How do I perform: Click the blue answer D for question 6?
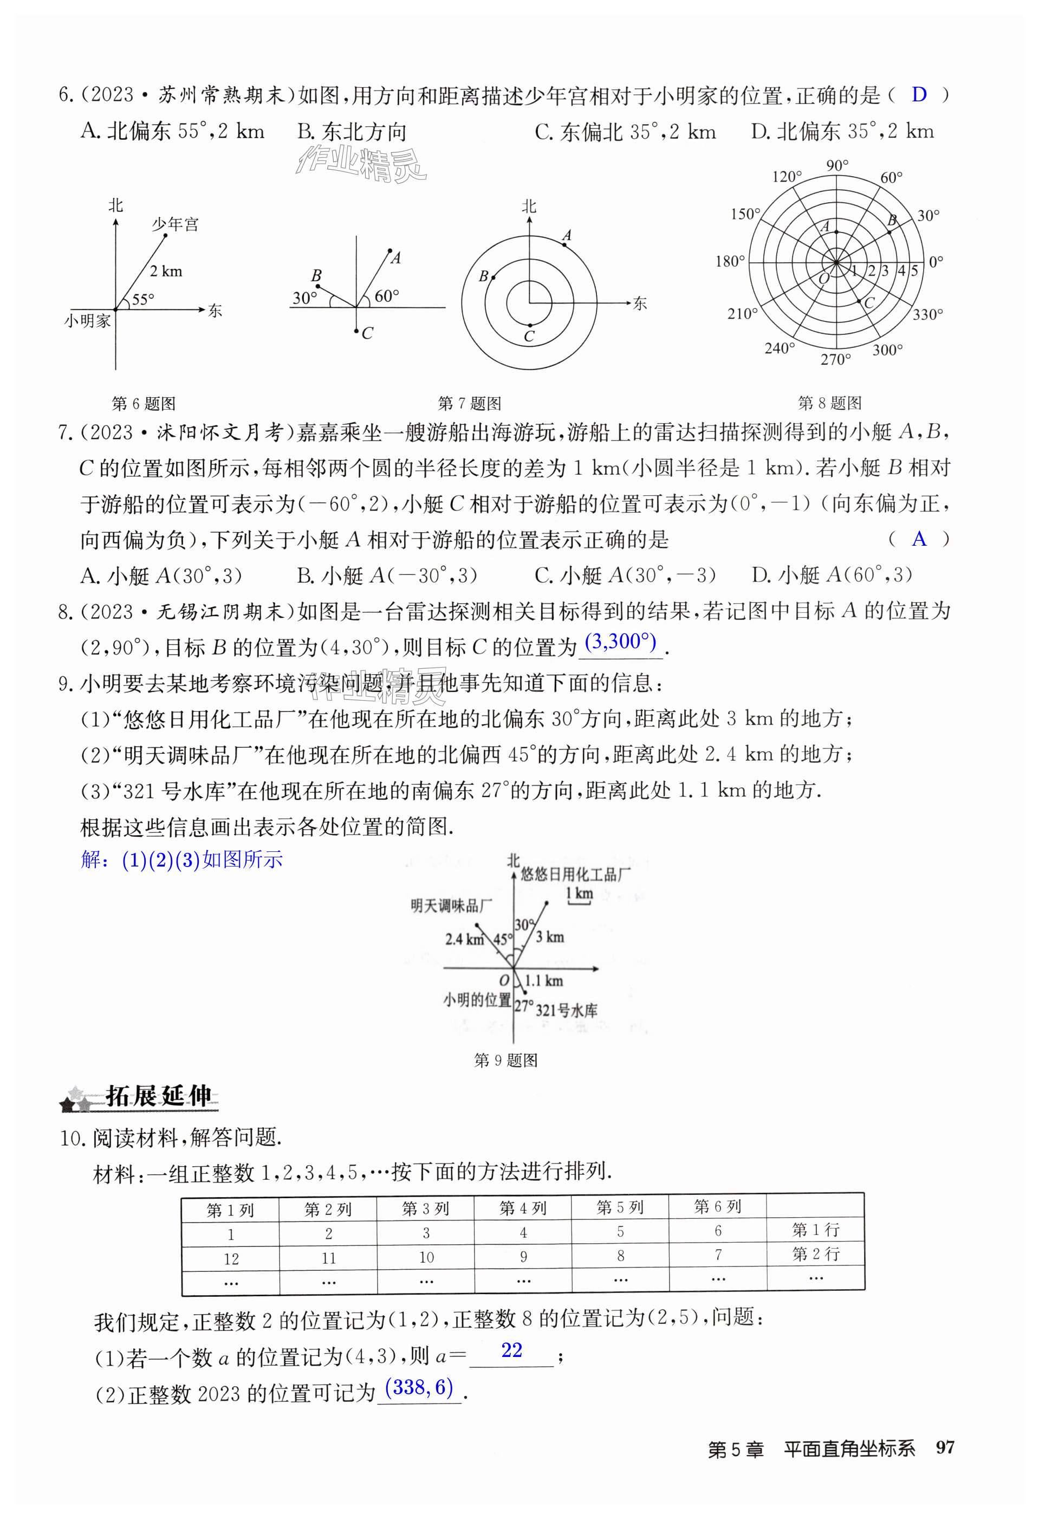click(x=919, y=95)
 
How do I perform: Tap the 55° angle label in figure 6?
click(x=143, y=299)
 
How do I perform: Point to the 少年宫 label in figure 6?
click(x=175, y=225)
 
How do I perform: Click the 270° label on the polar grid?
click(x=836, y=359)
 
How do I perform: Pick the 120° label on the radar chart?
click(x=786, y=177)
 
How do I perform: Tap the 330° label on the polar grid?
click(x=928, y=315)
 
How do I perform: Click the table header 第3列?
click(x=425, y=1209)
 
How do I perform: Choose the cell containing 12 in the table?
click(x=231, y=1259)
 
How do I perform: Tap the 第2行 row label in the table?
click(x=815, y=1253)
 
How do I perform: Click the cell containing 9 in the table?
click(x=523, y=1256)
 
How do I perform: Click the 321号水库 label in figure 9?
click(x=567, y=1011)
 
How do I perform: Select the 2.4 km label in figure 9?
click(x=464, y=939)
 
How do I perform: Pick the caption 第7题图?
click(x=469, y=403)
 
